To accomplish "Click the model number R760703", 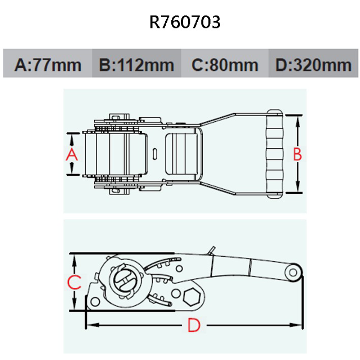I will coord(185,22).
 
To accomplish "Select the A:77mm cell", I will coord(48,65).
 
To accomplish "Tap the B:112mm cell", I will coord(136,65).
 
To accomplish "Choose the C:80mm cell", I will coord(225,65).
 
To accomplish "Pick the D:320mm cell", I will coord(313,65).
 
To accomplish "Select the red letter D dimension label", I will coord(194,326).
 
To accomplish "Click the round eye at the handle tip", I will coord(293,272).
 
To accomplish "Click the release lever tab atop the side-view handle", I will coord(212,250).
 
